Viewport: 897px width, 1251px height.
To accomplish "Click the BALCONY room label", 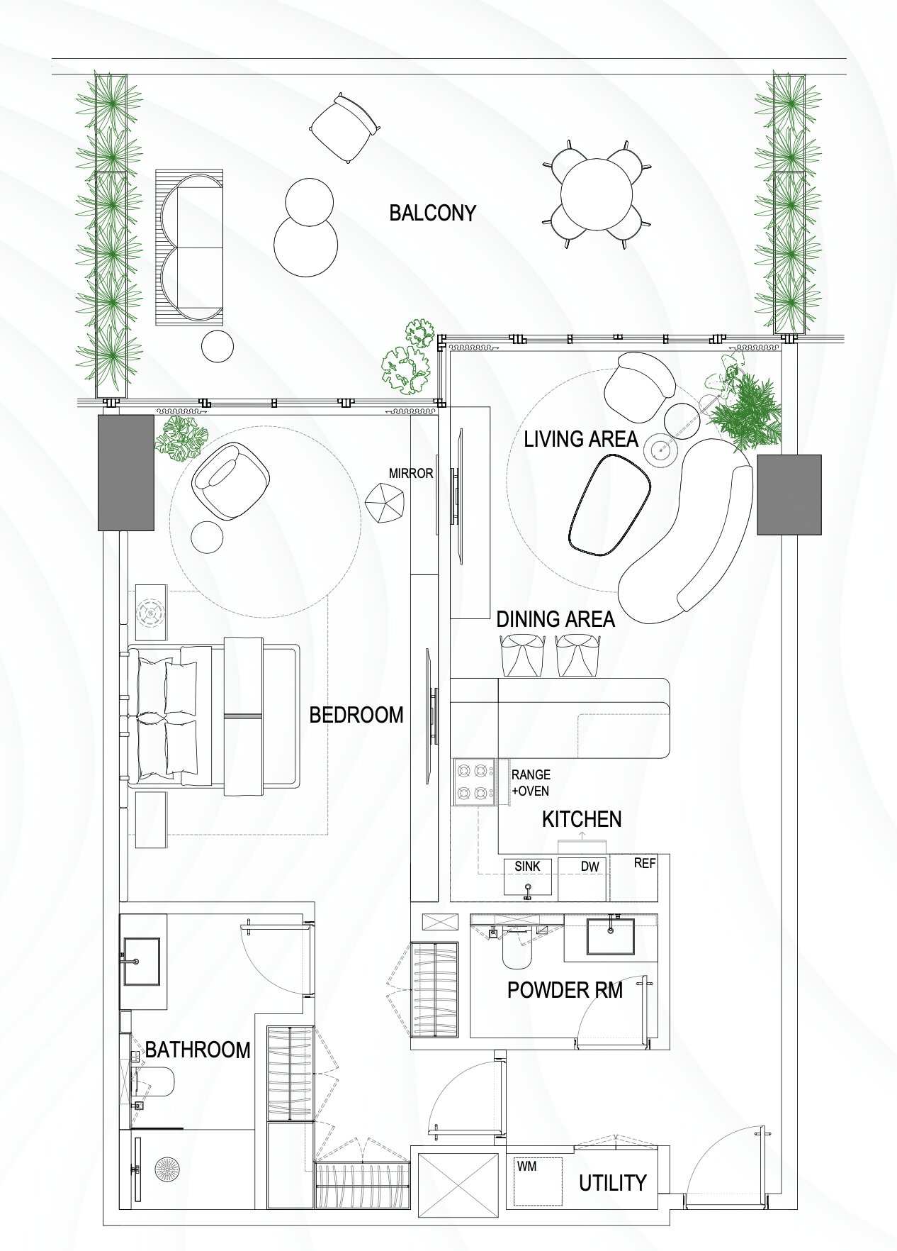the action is [x=432, y=213].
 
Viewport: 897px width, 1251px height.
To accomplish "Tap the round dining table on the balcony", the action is [x=597, y=194].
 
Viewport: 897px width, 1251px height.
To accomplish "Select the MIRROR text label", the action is [x=410, y=473].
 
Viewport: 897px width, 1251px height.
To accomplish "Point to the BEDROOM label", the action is [x=356, y=715].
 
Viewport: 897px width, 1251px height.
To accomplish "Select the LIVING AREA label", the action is [x=581, y=439].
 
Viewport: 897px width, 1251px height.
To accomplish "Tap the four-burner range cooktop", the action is [x=475, y=782].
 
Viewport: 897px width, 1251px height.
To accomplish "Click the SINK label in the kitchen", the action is [x=527, y=866].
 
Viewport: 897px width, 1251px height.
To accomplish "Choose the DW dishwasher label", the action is [x=589, y=866].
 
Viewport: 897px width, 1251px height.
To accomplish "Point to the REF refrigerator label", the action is [x=645, y=863].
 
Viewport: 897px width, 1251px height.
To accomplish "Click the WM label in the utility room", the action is [x=526, y=1166].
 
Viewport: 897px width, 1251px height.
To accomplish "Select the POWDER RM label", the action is [x=565, y=990].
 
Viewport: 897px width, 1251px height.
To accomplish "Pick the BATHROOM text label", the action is [x=198, y=1050].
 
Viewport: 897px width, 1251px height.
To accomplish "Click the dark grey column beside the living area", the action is [x=789, y=495].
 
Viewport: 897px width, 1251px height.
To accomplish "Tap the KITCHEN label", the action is [x=582, y=819].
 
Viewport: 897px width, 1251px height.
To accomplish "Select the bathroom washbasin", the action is [x=142, y=962].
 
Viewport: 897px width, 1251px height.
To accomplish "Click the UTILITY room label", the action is [x=612, y=1183].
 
